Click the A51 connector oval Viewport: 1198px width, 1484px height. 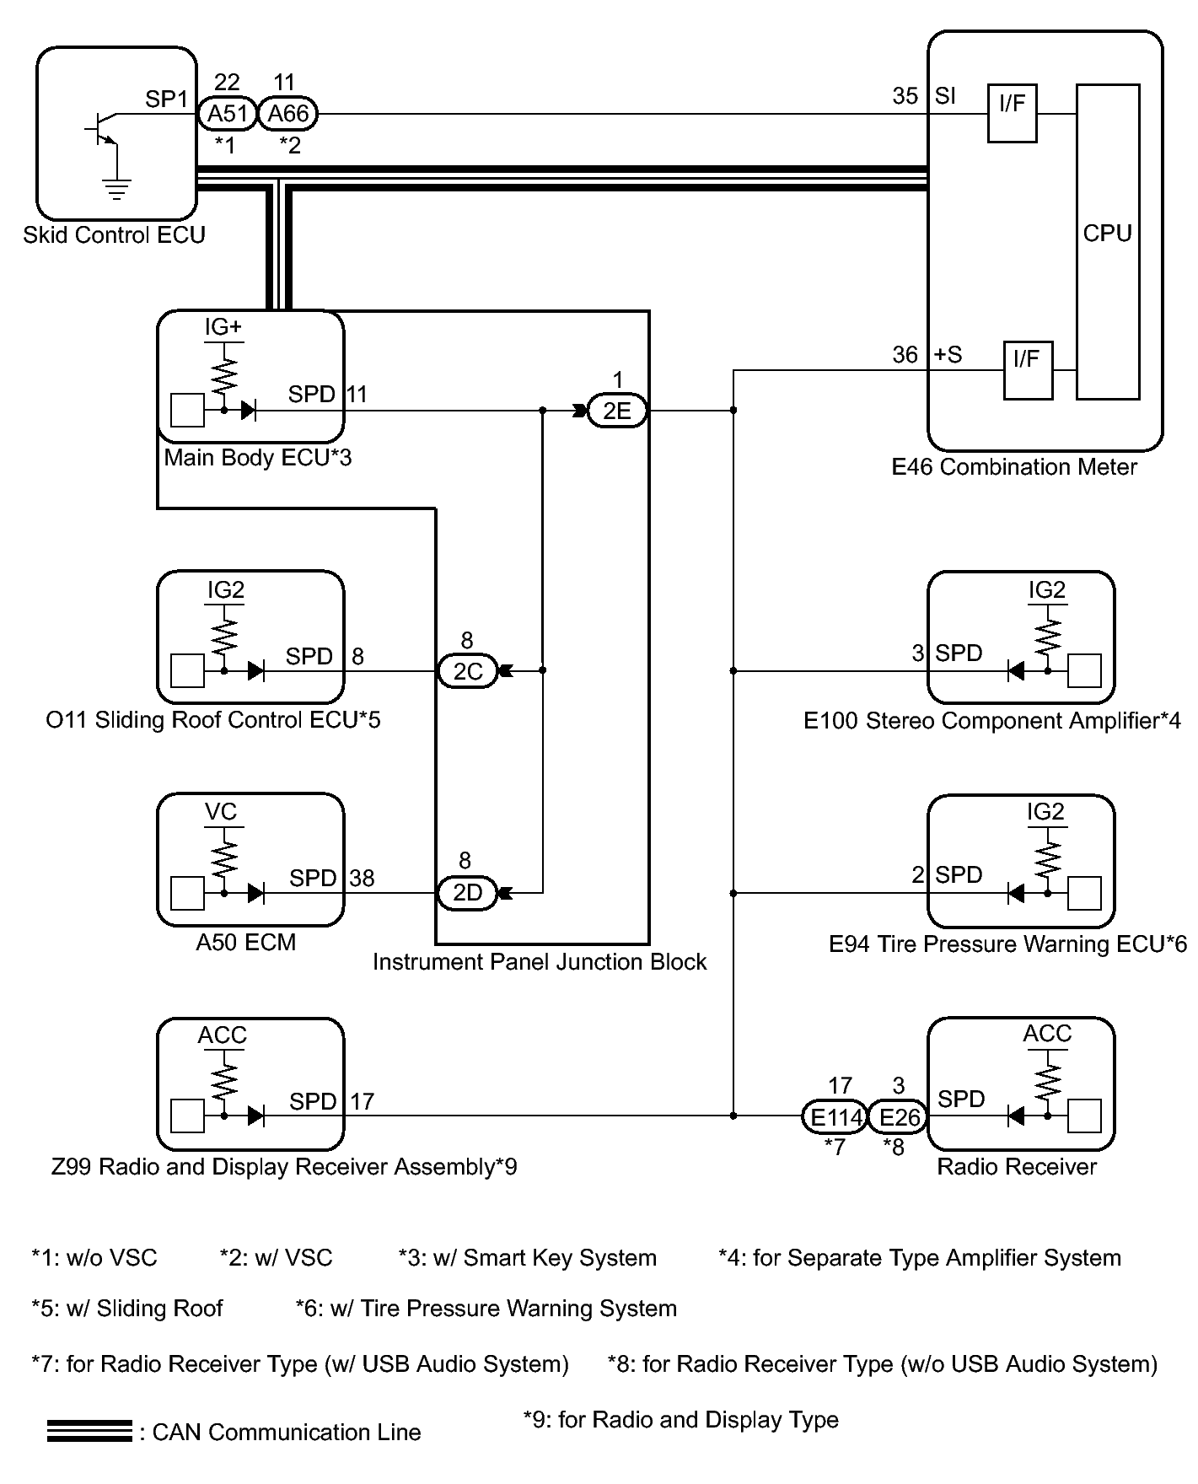(x=227, y=114)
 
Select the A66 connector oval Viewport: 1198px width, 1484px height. (x=287, y=114)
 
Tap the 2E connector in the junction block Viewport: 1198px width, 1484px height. (x=616, y=411)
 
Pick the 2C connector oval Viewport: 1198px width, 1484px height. (x=467, y=671)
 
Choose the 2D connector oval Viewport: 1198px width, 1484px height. (x=467, y=893)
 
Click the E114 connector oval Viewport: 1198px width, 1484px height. (x=834, y=1117)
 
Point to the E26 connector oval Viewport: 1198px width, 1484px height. (x=898, y=1117)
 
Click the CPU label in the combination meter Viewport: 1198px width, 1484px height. (x=1107, y=234)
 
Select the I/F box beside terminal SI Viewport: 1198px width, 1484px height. (x=1012, y=113)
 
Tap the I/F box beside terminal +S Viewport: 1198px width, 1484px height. (x=1027, y=370)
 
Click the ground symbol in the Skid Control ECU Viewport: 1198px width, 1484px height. (x=116, y=187)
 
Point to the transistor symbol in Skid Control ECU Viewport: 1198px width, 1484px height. (x=102, y=129)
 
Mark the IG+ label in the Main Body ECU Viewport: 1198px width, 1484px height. (x=223, y=327)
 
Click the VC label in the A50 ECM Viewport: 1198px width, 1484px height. (x=221, y=812)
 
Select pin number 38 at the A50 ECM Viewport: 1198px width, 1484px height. (x=362, y=879)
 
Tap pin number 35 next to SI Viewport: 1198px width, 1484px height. (x=905, y=96)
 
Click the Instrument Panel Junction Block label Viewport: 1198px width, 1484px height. (x=540, y=962)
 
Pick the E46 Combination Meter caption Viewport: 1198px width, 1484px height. (x=1014, y=467)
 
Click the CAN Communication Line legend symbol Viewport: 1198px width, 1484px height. (x=89, y=1432)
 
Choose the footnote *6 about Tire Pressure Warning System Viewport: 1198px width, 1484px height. (x=486, y=1309)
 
